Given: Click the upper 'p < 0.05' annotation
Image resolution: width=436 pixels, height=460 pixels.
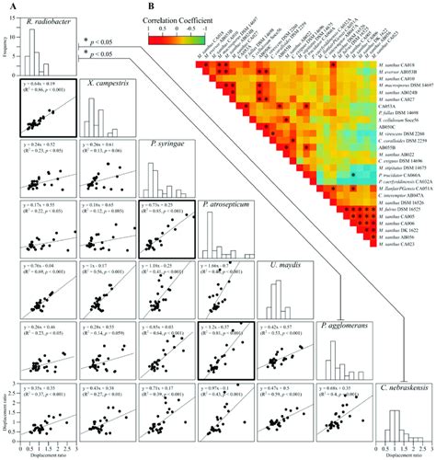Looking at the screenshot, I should [98, 40].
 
